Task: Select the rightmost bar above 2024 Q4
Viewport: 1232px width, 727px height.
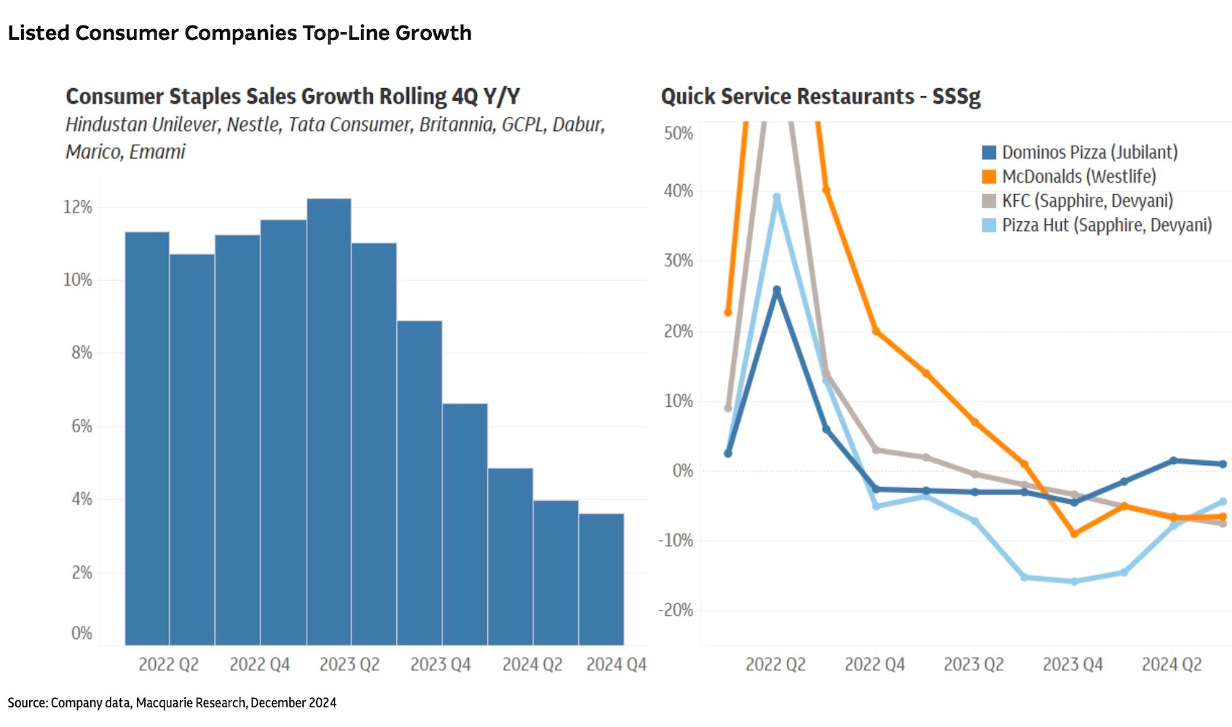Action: click(x=601, y=579)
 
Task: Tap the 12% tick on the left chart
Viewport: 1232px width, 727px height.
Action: click(x=78, y=207)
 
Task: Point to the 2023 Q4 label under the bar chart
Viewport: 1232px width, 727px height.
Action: click(x=441, y=664)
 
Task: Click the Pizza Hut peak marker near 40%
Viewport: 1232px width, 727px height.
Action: click(x=777, y=197)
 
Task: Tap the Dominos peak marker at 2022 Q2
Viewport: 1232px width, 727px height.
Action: click(x=777, y=290)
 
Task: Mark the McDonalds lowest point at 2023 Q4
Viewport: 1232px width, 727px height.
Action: click(x=1074, y=534)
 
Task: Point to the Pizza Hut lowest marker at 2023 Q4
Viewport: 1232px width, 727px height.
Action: click(x=1074, y=581)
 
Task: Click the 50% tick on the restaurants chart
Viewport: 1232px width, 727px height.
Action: click(x=679, y=134)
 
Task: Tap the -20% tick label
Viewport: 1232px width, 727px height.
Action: click(x=676, y=610)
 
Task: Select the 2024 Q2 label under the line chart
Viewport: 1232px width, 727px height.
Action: click(x=1172, y=664)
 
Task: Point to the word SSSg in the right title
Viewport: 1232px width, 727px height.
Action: click(x=956, y=97)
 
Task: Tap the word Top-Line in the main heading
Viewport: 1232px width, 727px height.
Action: click(x=346, y=33)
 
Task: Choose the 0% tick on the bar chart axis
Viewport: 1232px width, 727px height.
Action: click(x=82, y=633)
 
